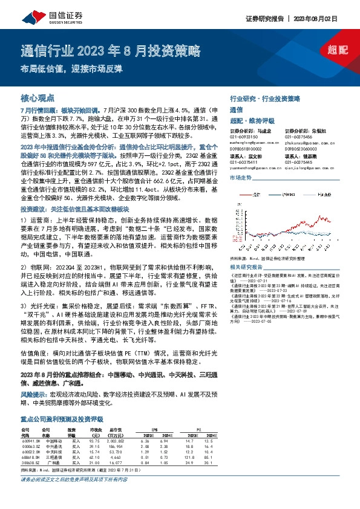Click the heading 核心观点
coord(38,97)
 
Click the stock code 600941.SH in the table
coord(30,441)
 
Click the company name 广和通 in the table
coord(53,463)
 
